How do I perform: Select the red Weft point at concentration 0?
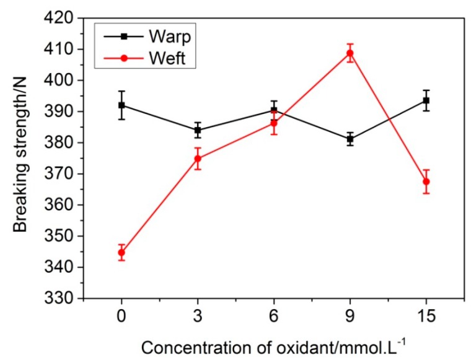(x=121, y=252)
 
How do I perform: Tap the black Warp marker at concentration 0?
(x=121, y=105)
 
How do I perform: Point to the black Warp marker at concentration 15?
(x=426, y=100)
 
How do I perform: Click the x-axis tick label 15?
(x=426, y=317)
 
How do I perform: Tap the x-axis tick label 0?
(x=121, y=317)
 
